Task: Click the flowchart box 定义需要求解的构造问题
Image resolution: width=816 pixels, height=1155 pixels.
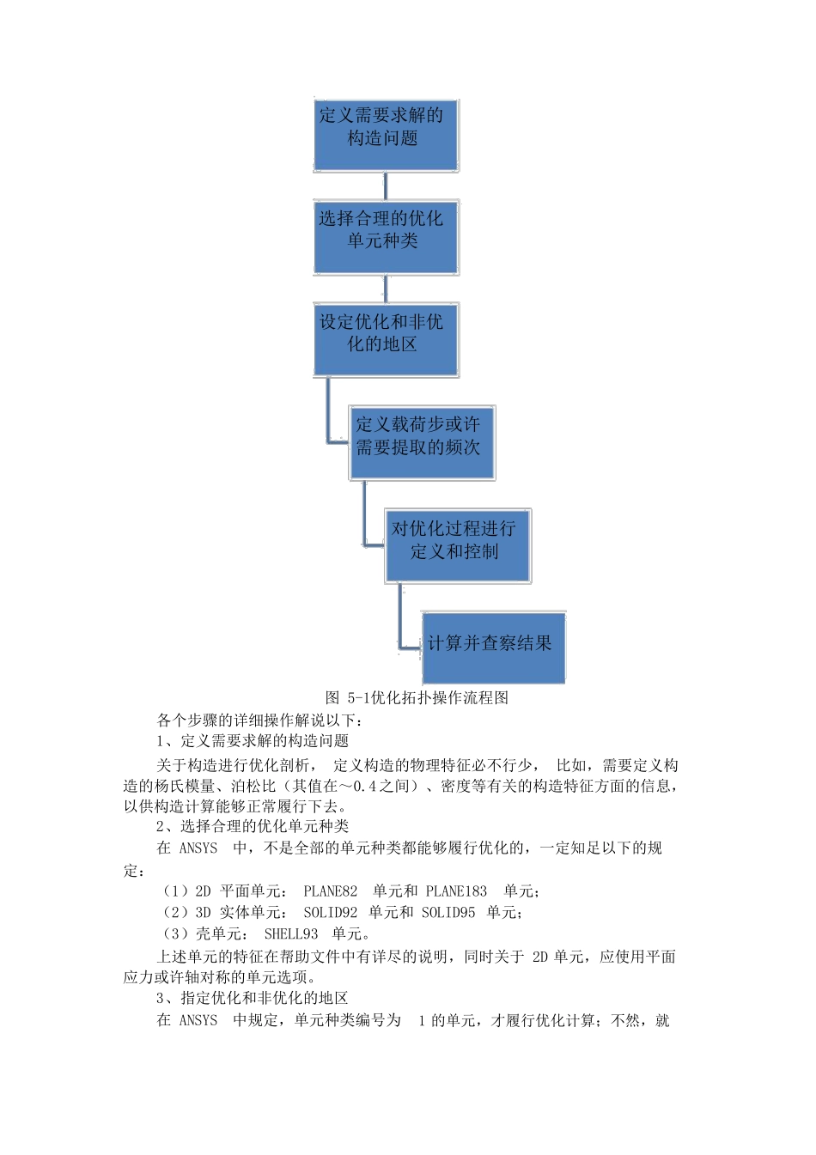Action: tap(385, 136)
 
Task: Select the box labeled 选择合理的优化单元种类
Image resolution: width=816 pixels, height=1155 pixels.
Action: tap(385, 238)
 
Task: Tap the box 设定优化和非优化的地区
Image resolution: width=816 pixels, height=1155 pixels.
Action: tap(385, 339)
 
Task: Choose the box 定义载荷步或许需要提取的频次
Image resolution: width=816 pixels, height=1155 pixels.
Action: tap(422, 443)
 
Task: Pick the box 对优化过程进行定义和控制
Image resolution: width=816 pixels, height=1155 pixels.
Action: tap(457, 546)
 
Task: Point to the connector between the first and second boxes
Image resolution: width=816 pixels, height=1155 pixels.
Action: tap(385, 186)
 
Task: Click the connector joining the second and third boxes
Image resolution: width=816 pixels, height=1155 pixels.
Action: tap(385, 289)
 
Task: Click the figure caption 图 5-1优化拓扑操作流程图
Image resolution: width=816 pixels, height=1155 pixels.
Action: tap(417, 697)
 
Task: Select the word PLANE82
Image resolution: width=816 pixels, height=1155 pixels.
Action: tap(331, 891)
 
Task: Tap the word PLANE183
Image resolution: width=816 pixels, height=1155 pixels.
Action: tap(456, 891)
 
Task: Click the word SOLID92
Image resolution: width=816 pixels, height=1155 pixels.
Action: tap(331, 912)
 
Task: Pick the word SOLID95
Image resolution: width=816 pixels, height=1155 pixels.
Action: tap(448, 912)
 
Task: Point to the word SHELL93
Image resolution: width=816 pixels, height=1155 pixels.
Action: tap(291, 933)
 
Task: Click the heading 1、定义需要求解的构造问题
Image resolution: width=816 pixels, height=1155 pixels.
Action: tap(253, 740)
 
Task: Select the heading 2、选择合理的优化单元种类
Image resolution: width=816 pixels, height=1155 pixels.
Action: tap(253, 826)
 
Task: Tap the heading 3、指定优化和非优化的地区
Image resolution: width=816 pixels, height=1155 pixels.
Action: tap(253, 998)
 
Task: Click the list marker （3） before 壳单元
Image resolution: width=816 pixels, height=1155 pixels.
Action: tap(175, 933)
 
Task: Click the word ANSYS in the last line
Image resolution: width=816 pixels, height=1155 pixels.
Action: tap(198, 1020)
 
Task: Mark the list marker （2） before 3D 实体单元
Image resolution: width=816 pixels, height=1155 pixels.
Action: tap(175, 912)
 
